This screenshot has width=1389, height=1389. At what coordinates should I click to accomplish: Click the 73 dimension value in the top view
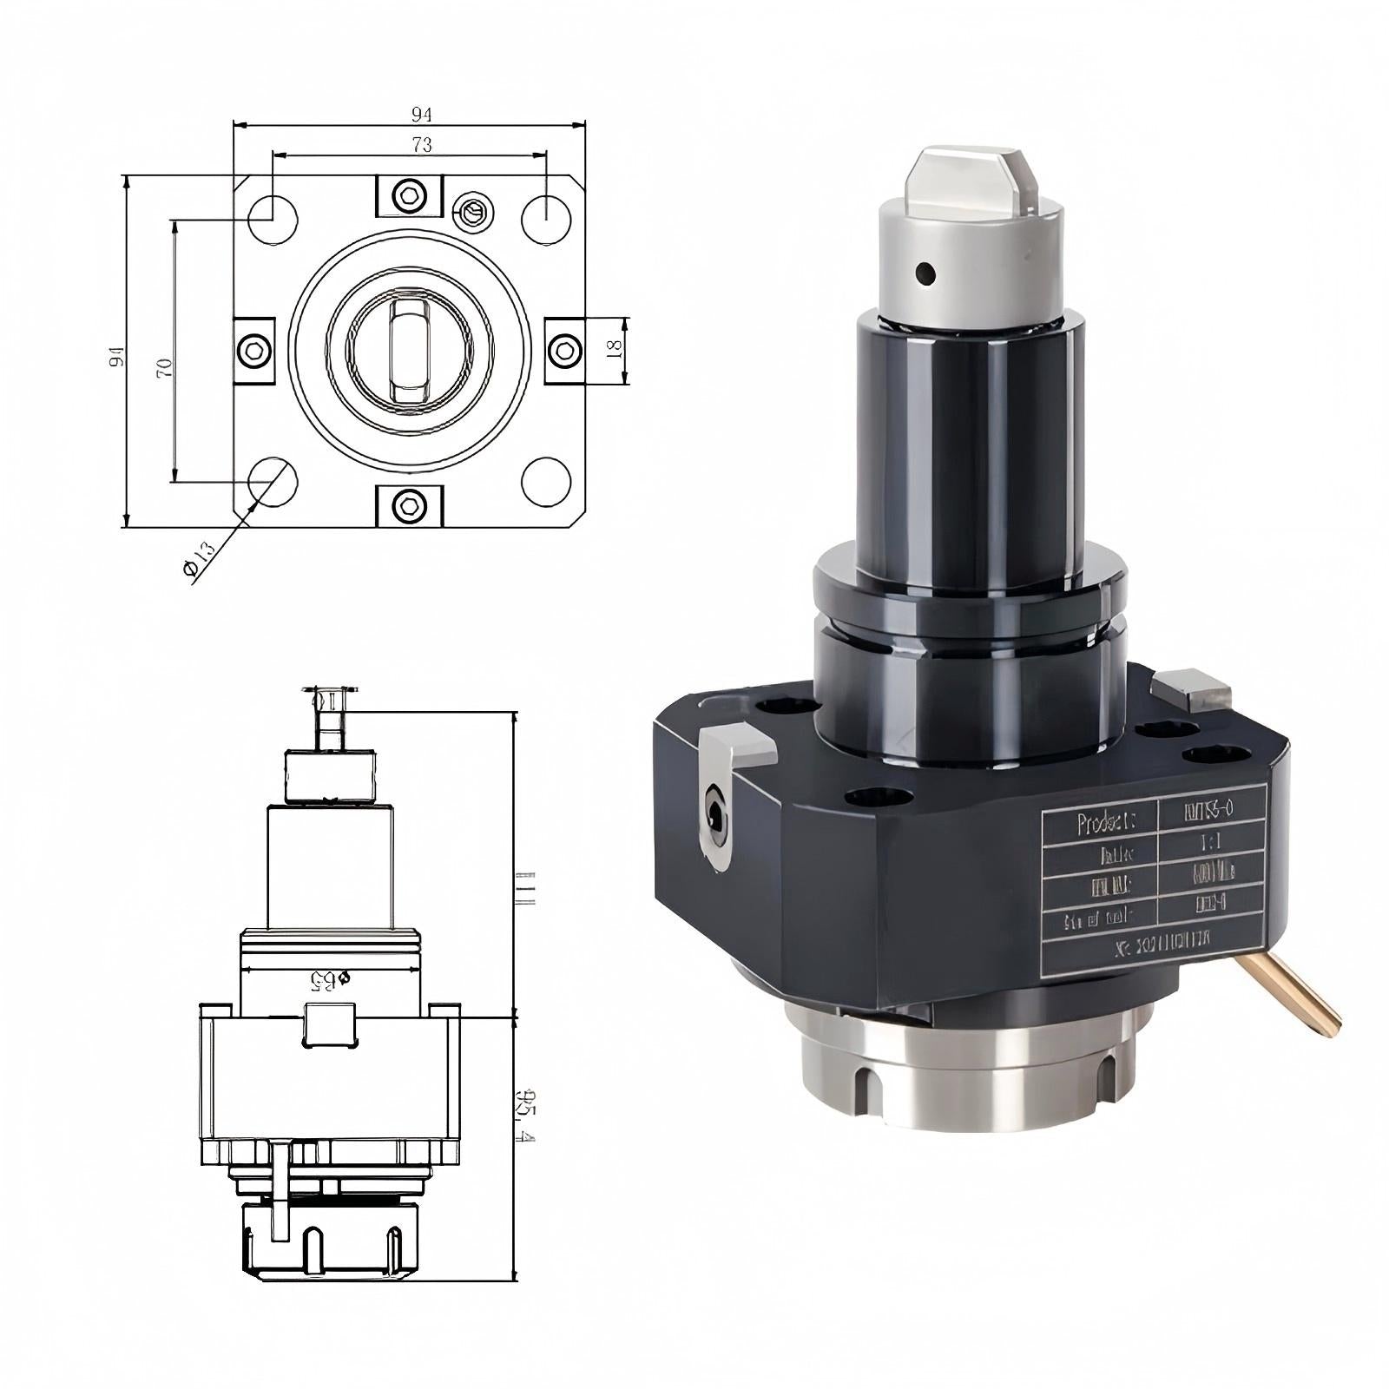tap(422, 145)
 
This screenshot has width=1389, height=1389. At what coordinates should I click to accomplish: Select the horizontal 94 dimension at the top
tap(422, 114)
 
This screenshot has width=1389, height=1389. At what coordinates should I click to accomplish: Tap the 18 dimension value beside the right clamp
tap(613, 349)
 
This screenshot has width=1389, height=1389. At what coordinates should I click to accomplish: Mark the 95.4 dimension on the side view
tap(523, 1116)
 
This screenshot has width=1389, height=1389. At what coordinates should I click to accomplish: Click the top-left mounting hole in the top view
tap(273, 220)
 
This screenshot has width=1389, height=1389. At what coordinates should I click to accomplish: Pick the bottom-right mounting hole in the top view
tap(546, 482)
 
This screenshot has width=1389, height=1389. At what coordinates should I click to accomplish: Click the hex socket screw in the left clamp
tap(254, 351)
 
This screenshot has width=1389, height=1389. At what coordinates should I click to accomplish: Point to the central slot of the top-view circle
tap(409, 351)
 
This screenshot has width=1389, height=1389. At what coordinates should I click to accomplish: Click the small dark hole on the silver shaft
tap(926, 274)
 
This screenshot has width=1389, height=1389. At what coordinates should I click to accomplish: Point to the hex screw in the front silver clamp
tap(715, 815)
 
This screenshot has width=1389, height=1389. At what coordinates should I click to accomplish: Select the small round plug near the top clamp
tap(473, 211)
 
